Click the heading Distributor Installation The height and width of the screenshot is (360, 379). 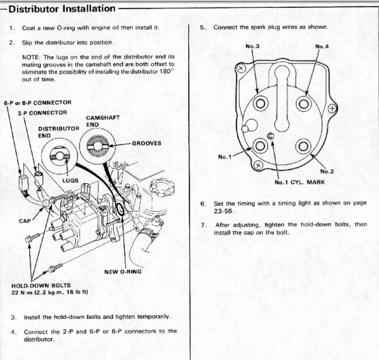(63, 9)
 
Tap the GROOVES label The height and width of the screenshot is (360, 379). (147, 144)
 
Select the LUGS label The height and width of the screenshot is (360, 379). (70, 180)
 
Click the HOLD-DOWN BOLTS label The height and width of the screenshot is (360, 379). (41, 285)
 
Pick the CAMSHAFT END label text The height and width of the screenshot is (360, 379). (103, 121)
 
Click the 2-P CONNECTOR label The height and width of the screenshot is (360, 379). (42, 113)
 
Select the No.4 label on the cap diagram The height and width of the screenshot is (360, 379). (322, 46)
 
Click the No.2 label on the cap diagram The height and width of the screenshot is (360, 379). (327, 171)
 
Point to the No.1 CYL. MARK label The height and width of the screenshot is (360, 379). (299, 182)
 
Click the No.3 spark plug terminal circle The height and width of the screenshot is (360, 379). (260, 103)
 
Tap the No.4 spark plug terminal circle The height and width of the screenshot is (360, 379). (304, 103)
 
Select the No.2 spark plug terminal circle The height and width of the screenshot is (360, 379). (304, 146)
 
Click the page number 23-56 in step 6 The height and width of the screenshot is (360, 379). (224, 212)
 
